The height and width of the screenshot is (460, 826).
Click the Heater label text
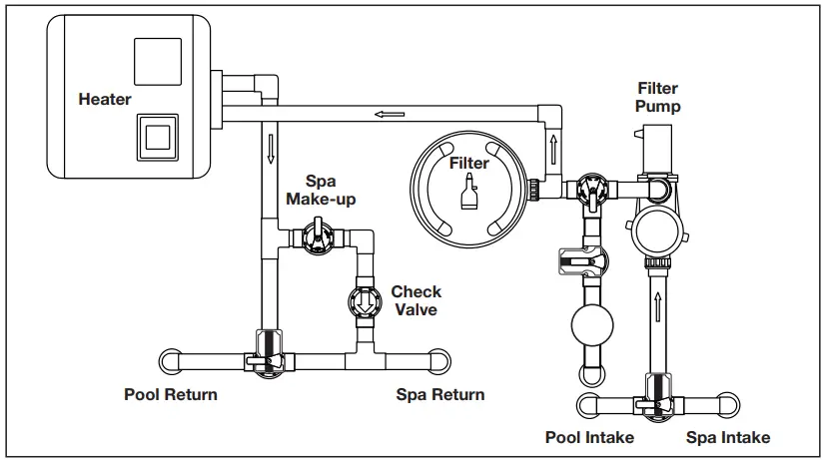105,100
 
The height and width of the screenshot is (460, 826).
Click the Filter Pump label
657,98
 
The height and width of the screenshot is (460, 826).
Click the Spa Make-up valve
315,238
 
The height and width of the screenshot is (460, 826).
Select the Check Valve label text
415,300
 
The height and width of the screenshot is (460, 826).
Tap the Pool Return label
171,394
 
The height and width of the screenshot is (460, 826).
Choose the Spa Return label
440,394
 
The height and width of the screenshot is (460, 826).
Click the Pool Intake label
588,438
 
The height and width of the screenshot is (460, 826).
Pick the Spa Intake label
728,438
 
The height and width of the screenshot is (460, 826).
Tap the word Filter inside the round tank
469,163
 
